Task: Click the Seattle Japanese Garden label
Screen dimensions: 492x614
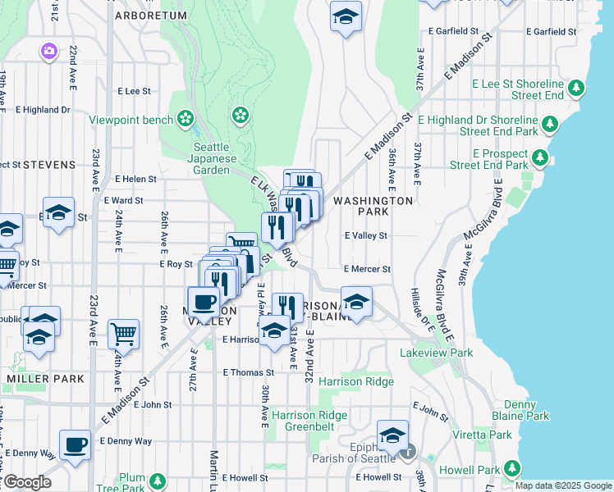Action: [x=215, y=159]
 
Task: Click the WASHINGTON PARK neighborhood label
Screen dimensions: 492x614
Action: [x=373, y=206]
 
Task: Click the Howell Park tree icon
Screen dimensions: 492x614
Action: [x=513, y=468]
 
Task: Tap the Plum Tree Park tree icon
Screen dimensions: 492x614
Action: [x=157, y=480]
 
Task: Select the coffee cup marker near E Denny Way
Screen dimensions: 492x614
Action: [x=75, y=445]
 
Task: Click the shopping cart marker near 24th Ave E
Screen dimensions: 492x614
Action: [x=123, y=333]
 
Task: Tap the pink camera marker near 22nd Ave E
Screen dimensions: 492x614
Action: [x=49, y=52]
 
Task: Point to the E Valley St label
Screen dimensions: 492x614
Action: [x=365, y=235]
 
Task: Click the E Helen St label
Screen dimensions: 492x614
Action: [x=135, y=179]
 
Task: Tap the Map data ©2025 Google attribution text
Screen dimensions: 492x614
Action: [x=562, y=485]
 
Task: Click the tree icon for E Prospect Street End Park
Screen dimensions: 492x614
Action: [x=539, y=156]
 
